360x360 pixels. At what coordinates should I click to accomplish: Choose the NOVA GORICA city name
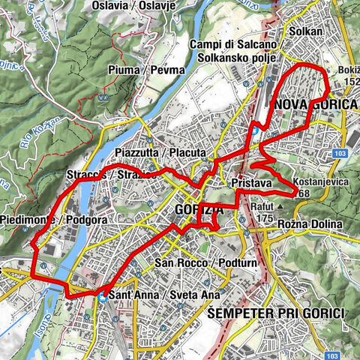[x=316, y=104]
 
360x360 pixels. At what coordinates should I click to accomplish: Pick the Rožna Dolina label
[x=309, y=225]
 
